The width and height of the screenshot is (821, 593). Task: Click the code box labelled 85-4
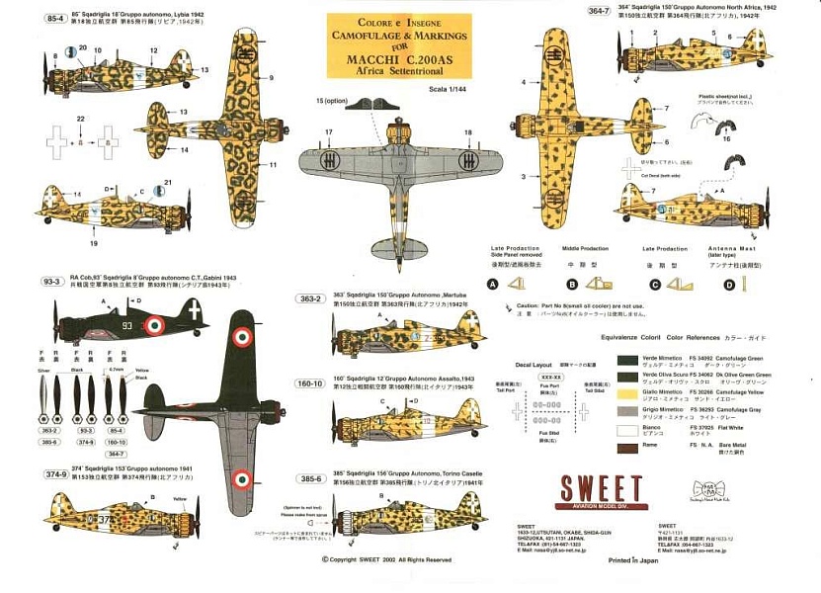(28, 19)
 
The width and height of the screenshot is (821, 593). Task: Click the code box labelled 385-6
(309, 478)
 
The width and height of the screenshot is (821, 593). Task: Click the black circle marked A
(492, 285)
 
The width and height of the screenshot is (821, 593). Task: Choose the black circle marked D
(729, 285)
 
